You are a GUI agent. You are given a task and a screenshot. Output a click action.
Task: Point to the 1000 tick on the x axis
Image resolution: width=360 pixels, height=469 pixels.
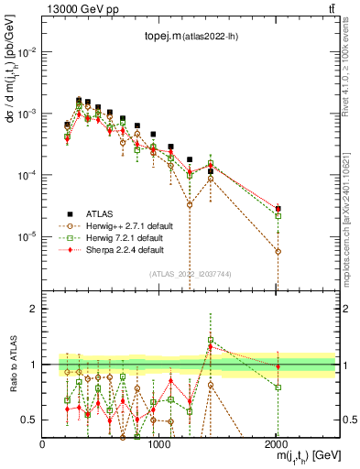pyautogui.click(x=159, y=443)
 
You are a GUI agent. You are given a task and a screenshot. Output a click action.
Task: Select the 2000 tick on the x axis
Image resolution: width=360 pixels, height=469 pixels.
pyautogui.click(x=277, y=443)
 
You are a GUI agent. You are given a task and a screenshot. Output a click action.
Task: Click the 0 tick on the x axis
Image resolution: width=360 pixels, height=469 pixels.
pyautogui.click(x=43, y=443)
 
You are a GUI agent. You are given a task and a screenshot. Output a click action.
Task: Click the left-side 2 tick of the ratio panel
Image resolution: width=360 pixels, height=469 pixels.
pyautogui.click(x=34, y=309)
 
